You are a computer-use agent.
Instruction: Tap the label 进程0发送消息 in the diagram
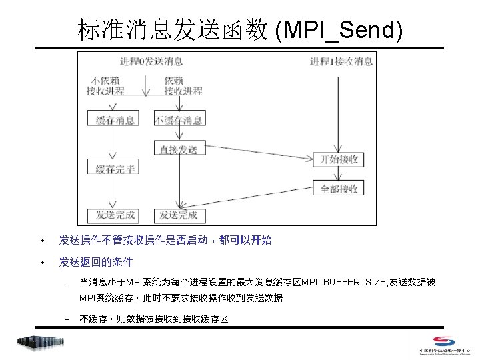tap(151, 61)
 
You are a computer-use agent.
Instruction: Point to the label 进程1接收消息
tap(341, 61)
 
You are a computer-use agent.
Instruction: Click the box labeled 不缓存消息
tap(179, 120)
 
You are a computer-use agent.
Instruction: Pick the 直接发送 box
tap(179, 149)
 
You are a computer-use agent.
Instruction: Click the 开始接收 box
tap(339, 159)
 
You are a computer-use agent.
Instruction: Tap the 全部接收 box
tap(339, 189)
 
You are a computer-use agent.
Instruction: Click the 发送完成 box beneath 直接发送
tap(179, 215)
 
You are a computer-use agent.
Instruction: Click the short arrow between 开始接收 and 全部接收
tap(339, 174)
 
